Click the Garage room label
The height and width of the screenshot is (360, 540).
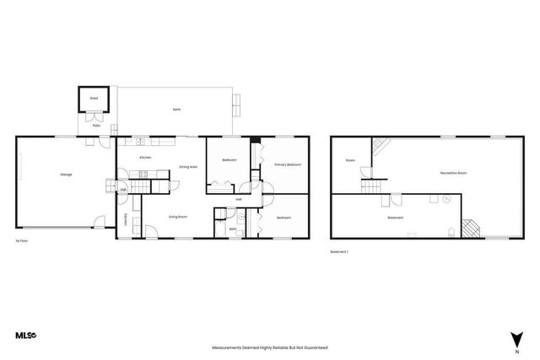pyautogui.click(x=66, y=175)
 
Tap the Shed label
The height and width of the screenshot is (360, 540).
pyautogui.click(x=94, y=99)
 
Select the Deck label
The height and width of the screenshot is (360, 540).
pyautogui.click(x=176, y=110)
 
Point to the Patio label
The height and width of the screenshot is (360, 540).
pyautogui.click(x=96, y=126)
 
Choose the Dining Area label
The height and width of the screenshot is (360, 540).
pyautogui.click(x=188, y=167)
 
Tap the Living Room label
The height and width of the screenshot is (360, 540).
pyautogui.click(x=177, y=217)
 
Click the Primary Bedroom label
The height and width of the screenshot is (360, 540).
pyautogui.click(x=288, y=164)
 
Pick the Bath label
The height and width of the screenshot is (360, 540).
pyautogui.click(x=232, y=228)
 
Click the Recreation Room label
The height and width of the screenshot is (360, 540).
pyautogui.click(x=453, y=173)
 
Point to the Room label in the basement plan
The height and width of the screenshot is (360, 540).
pyautogui.click(x=349, y=160)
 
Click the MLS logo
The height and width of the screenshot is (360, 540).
pyautogui.click(x=26, y=336)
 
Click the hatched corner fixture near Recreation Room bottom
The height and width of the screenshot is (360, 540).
pyautogui.click(x=470, y=228)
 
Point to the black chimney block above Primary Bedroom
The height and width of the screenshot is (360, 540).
pyautogui.click(x=256, y=139)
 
